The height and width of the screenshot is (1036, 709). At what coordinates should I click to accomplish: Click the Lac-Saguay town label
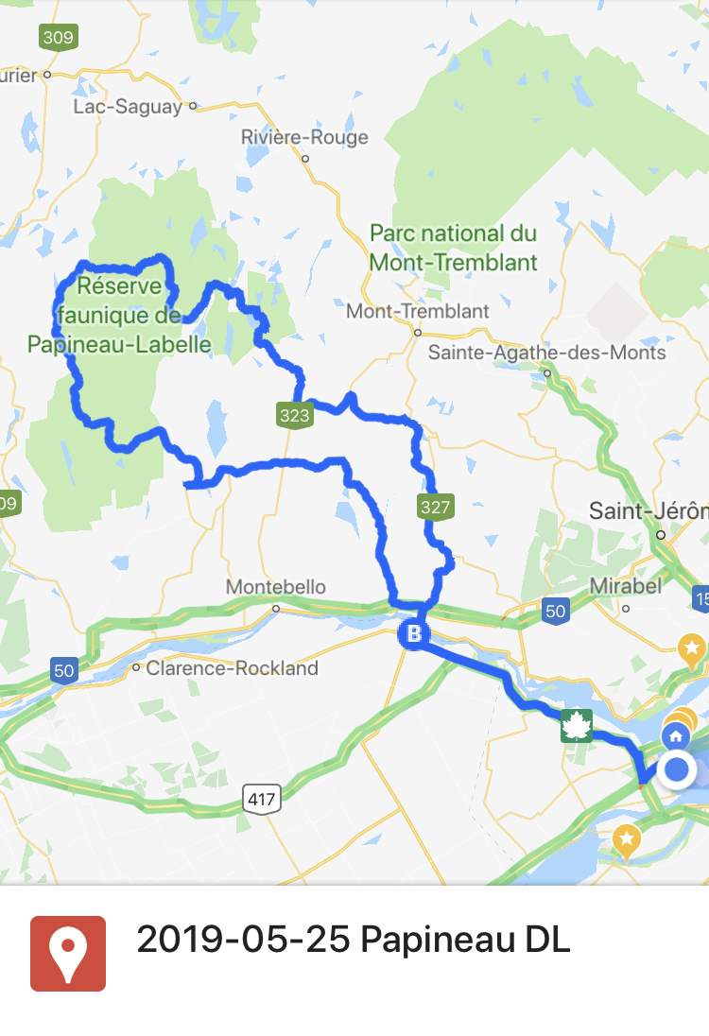tap(128, 107)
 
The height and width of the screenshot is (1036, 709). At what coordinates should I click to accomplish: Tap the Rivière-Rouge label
tap(304, 137)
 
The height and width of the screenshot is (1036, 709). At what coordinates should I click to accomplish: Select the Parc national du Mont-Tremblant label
tap(454, 248)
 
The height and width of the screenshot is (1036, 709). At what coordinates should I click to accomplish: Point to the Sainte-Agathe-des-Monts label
tap(547, 353)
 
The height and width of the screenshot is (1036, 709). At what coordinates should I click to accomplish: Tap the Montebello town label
tap(276, 588)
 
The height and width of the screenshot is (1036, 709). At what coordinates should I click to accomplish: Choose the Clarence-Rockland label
tap(232, 668)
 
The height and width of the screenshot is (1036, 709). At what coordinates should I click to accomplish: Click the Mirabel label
tap(625, 586)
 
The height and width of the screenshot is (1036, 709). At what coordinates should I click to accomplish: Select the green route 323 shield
tap(295, 414)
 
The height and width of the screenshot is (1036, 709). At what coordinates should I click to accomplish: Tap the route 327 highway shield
tap(435, 507)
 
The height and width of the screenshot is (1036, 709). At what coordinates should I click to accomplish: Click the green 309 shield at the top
tap(58, 38)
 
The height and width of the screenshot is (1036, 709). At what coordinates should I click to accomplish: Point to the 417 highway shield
tap(261, 799)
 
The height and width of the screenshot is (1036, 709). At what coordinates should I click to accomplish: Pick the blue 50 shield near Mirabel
tap(556, 611)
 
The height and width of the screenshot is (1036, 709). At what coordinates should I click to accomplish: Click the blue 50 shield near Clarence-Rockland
tap(64, 672)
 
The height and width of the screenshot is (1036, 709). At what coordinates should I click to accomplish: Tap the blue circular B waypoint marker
tap(413, 634)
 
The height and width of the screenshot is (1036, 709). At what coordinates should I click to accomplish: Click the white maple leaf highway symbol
tap(576, 727)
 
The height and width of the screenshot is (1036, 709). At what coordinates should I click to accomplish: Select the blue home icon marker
tap(675, 735)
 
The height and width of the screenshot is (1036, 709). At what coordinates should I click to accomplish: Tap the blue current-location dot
tap(678, 770)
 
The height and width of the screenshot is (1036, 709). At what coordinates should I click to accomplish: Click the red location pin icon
tap(68, 953)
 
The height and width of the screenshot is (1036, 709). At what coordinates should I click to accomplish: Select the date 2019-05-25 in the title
tap(244, 941)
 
